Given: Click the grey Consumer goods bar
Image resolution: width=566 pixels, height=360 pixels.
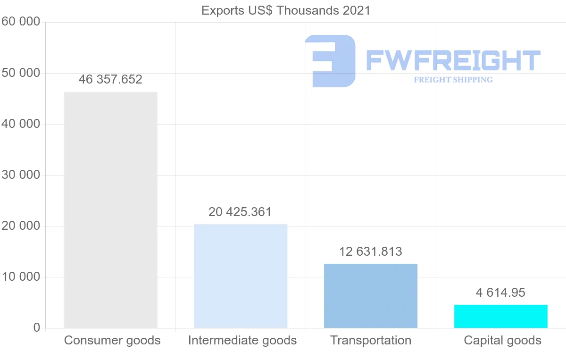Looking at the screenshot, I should click(x=110, y=210).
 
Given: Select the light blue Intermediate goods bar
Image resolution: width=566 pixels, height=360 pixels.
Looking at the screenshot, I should click(x=241, y=276).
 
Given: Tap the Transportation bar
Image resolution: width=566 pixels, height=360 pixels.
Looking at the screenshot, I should click(x=371, y=296).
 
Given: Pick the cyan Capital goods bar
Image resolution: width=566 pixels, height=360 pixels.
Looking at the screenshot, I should click(x=501, y=316).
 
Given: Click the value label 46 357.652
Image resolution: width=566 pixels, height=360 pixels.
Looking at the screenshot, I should click(x=110, y=79).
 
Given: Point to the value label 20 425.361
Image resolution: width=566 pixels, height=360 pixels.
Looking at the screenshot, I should click(x=240, y=212).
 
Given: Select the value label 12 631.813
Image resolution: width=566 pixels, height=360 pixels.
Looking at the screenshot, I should click(x=371, y=251).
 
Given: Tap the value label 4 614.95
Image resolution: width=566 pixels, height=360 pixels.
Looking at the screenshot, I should click(x=500, y=293).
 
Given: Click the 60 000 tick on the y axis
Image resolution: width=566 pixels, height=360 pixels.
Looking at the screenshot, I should click(x=20, y=22).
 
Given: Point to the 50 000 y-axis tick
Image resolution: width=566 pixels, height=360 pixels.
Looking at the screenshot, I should click(x=20, y=73).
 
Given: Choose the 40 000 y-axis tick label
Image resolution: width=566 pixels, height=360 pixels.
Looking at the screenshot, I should click(x=20, y=124).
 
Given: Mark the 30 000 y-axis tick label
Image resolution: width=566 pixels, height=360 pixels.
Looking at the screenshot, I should click(x=20, y=175).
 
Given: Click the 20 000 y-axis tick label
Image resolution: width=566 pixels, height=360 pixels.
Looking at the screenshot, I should click(x=20, y=226).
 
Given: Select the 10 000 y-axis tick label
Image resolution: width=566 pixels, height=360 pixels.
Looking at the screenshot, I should click(x=20, y=277).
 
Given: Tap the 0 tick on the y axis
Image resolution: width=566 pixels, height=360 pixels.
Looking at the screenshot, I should click(x=37, y=328).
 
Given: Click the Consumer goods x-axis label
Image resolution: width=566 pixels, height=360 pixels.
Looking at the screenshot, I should click(x=112, y=340).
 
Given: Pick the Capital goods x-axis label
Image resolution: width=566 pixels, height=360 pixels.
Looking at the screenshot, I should click(x=503, y=340).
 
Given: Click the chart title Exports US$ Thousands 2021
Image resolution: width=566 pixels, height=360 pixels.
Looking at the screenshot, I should click(x=286, y=10).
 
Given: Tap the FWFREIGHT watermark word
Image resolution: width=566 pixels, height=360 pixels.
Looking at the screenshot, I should click(x=453, y=61).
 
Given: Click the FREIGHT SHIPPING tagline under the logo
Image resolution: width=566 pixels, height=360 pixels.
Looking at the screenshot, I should click(x=453, y=80).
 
